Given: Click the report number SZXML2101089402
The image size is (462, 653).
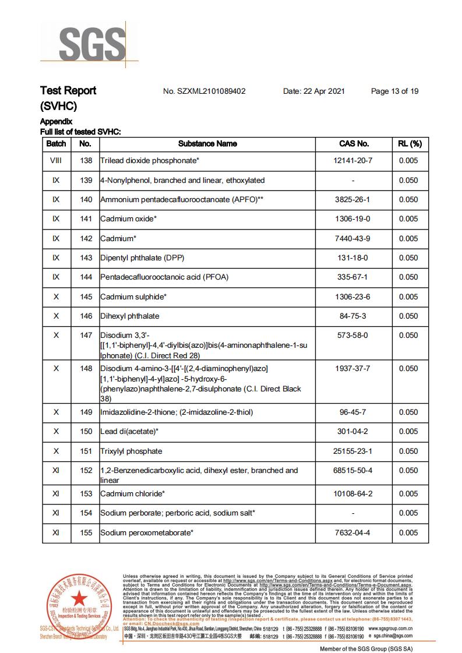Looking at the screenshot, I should pyautogui.click(x=204, y=91).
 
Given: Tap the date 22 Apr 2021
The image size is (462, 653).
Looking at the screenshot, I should pyautogui.click(x=314, y=91).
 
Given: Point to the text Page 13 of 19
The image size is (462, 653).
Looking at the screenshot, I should pyautogui.click(x=394, y=91).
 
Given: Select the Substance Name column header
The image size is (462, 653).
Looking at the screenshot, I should pyautogui.click(x=207, y=143).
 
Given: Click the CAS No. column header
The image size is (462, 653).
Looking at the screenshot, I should pyautogui.click(x=354, y=143).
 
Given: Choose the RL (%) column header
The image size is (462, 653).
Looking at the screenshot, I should pyautogui.click(x=409, y=143).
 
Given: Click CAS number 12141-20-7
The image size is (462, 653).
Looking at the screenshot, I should pyautogui.click(x=354, y=161).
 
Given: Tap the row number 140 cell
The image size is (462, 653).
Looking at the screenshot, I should pyautogui.click(x=86, y=200).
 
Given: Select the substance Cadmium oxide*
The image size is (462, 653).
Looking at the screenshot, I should pyautogui.click(x=129, y=219).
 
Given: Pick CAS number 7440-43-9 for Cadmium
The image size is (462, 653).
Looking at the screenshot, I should pyautogui.click(x=354, y=238).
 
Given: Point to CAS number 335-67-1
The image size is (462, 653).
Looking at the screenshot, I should pyautogui.click(x=354, y=277).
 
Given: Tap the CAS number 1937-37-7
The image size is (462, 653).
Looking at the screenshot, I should pyautogui.click(x=354, y=369).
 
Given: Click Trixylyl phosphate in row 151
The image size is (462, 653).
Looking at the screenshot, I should pyautogui.click(x=131, y=451).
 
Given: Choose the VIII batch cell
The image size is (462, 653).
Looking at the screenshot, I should pyautogui.click(x=56, y=161).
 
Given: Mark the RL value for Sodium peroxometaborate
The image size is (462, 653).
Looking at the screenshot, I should pyautogui.click(x=409, y=532).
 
